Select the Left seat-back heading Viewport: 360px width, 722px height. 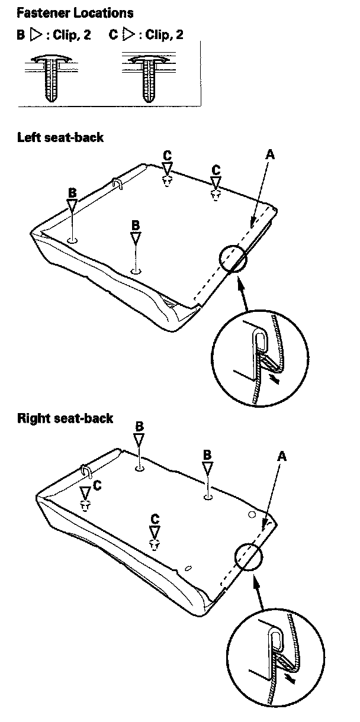pos(60,137)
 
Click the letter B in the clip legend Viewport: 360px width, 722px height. pos(21,34)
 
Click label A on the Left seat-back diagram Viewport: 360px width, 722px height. pos(270,154)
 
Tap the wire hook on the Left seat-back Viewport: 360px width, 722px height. pos(117,185)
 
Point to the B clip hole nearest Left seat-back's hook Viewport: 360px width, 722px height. pos(72,240)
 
